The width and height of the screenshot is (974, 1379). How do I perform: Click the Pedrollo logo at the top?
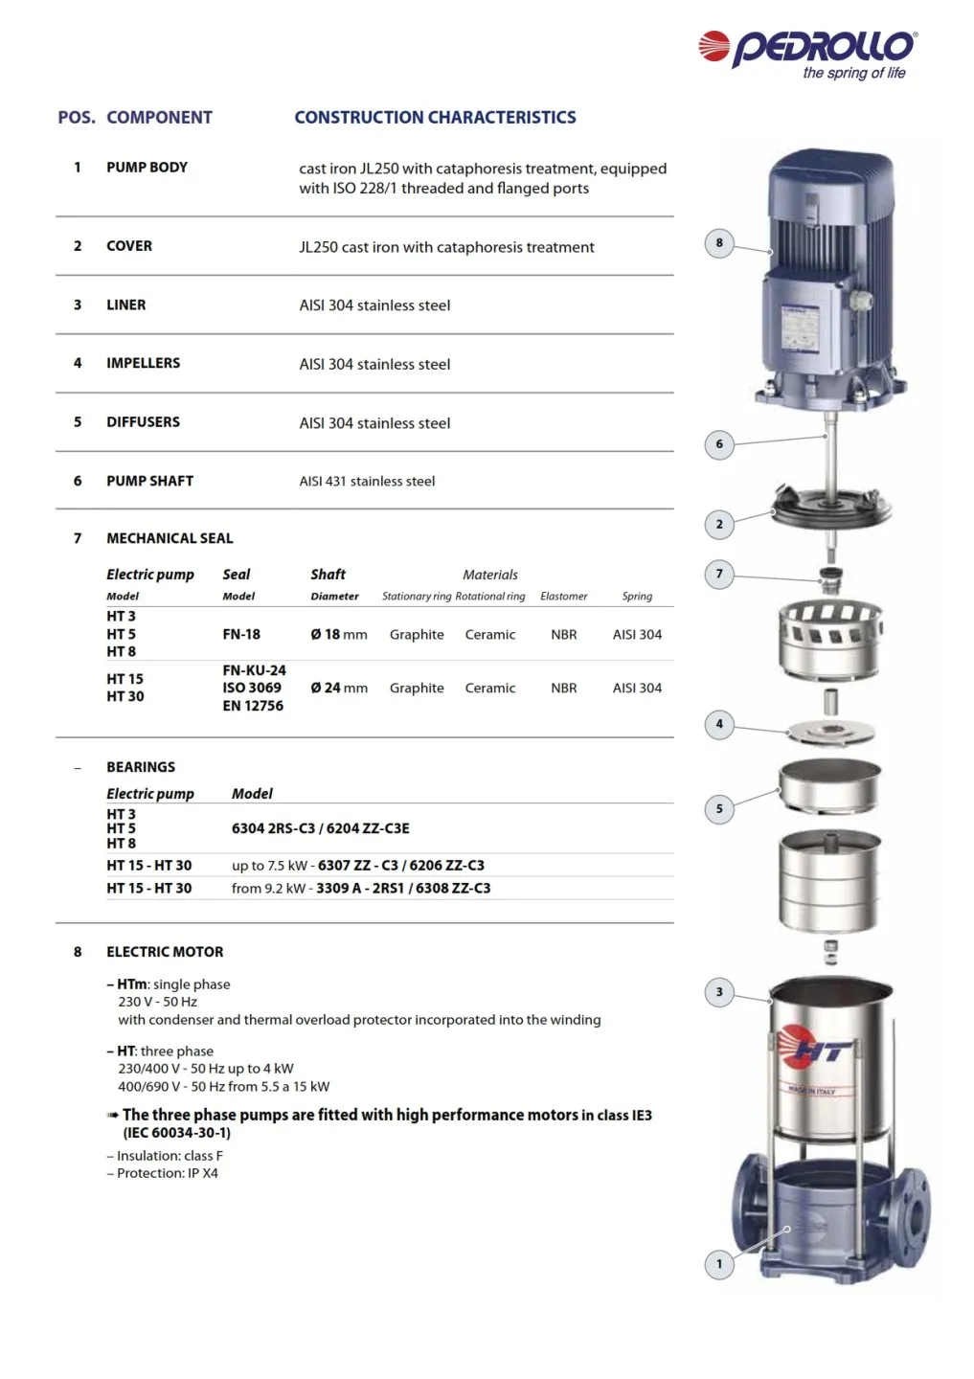tap(808, 53)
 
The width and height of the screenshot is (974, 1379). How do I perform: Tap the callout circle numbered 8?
tap(719, 243)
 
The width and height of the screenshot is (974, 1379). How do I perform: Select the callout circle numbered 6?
tap(719, 444)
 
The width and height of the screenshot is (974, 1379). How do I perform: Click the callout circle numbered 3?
tap(719, 992)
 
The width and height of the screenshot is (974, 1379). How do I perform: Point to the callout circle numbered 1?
tap(719, 1264)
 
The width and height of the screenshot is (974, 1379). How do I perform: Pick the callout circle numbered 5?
tap(719, 808)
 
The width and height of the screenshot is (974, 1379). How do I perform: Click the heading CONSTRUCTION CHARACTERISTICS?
tap(435, 118)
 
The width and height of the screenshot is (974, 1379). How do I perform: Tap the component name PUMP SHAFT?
tap(149, 481)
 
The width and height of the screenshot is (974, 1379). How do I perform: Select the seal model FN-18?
tap(241, 634)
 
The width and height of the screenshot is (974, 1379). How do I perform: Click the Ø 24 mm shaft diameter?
tap(339, 688)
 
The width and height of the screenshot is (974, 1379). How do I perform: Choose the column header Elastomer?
tap(563, 596)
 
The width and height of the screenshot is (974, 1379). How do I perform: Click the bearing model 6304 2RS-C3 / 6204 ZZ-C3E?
tap(320, 828)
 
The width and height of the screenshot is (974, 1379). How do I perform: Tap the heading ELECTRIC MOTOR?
tap(165, 952)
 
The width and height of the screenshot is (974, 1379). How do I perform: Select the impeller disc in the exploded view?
tap(831, 733)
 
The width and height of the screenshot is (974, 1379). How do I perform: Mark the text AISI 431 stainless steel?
tap(367, 482)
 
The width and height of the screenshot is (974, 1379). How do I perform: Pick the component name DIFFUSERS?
tap(143, 422)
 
